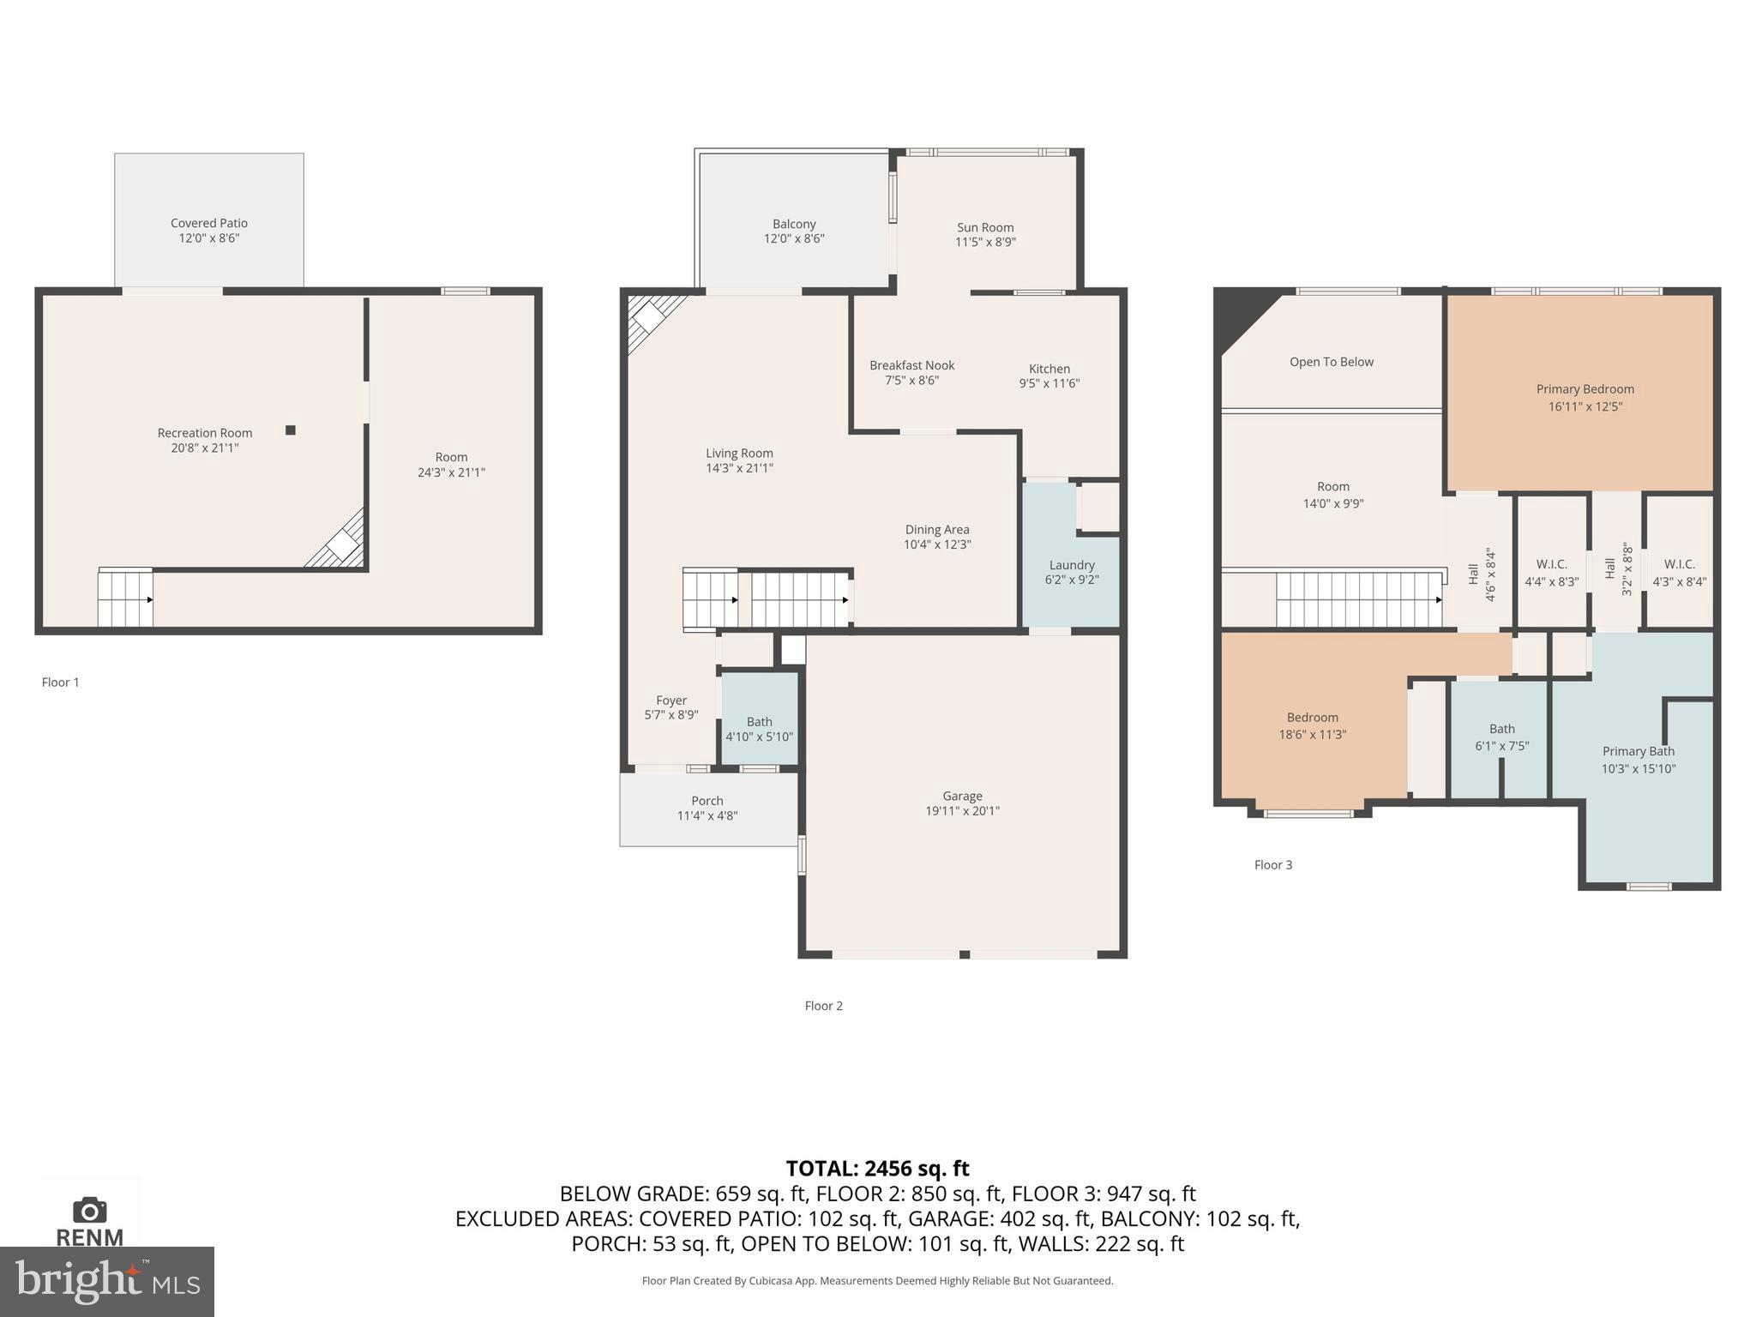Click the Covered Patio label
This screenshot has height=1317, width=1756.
pyautogui.click(x=208, y=223)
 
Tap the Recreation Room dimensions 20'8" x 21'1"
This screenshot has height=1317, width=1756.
pyautogui.click(x=204, y=448)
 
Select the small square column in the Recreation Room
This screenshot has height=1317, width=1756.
pyautogui.click(x=291, y=430)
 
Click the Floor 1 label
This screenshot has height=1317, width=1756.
pyautogui.click(x=60, y=683)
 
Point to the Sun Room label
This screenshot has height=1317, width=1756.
pyautogui.click(x=985, y=227)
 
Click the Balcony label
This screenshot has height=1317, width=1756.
pyautogui.click(x=794, y=224)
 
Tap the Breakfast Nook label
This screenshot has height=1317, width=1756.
pyautogui.click(x=911, y=365)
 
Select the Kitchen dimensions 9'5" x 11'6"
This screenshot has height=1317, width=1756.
pyautogui.click(x=1049, y=383)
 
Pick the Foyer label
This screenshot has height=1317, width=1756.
pyautogui.click(x=671, y=701)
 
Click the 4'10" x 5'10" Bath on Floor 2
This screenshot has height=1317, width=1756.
pyautogui.click(x=759, y=729)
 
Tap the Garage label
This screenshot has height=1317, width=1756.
pyautogui.click(x=962, y=796)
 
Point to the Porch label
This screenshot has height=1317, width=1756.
pyautogui.click(x=707, y=801)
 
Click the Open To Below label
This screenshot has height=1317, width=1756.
pyautogui.click(x=1331, y=362)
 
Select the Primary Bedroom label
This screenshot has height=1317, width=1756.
pyautogui.click(x=1585, y=389)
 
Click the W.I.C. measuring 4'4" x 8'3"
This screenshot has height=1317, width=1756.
pyautogui.click(x=1551, y=573)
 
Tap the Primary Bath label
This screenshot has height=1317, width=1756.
pyautogui.click(x=1638, y=751)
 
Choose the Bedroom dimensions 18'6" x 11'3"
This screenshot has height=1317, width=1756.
pyautogui.click(x=1312, y=734)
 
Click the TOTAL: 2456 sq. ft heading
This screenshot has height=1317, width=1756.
pyautogui.click(x=877, y=1169)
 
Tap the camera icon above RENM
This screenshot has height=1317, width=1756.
pyautogui.click(x=89, y=1211)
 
